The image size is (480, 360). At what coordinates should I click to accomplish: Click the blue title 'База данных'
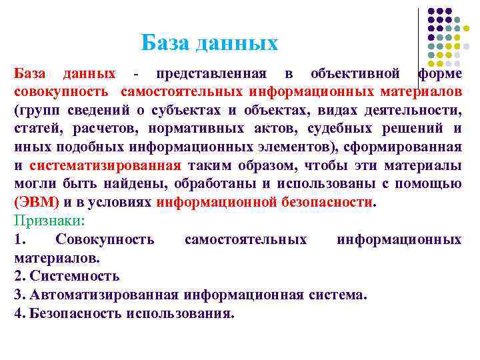pyautogui.click(x=209, y=43)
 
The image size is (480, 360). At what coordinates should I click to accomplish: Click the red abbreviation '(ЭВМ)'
pyautogui.click(x=37, y=202)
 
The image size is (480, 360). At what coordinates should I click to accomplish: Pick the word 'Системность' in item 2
pyautogui.click(x=74, y=276)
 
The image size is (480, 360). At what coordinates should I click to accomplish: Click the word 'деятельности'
pyautogui.click(x=419, y=110)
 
